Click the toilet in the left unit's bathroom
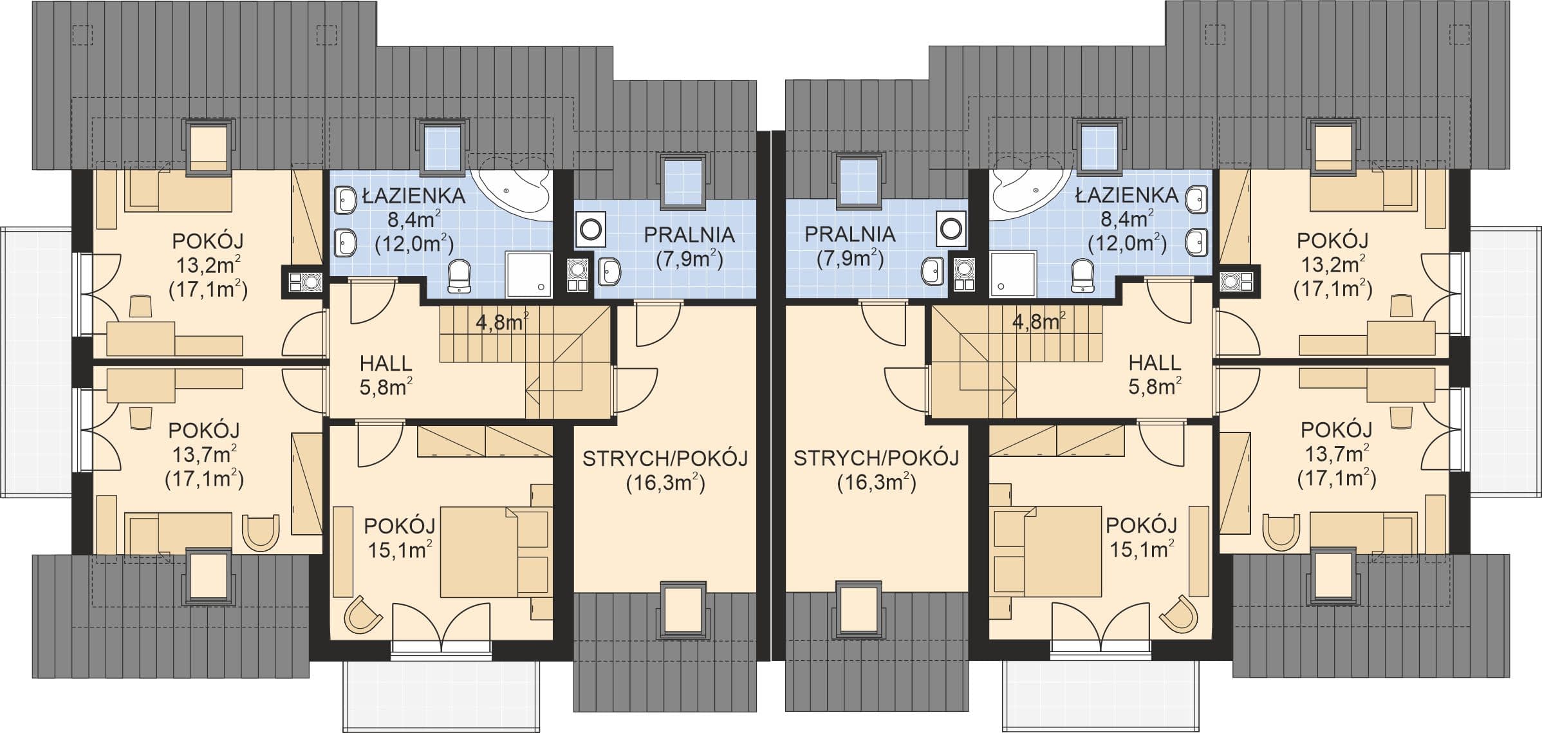tap(459, 275)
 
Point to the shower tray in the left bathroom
tap(529, 275)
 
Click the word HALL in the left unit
tap(385, 364)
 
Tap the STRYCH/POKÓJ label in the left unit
tap(665, 459)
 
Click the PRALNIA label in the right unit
tap(850, 234)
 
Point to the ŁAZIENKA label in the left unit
tap(413, 196)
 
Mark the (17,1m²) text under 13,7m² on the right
tap(1337, 478)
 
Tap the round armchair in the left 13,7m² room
tap(261, 532)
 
